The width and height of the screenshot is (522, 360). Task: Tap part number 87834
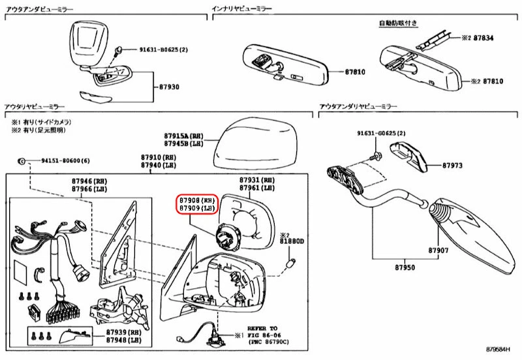click(x=483, y=38)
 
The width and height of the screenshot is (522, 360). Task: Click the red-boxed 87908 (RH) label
click(x=196, y=200)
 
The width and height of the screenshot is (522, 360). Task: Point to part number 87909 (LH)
click(x=196, y=208)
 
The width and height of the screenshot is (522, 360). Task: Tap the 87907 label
click(x=439, y=250)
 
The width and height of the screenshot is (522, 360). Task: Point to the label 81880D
click(x=292, y=241)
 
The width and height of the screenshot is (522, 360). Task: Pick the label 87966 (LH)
click(x=89, y=188)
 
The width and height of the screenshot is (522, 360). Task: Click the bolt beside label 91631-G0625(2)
click(x=377, y=157)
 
